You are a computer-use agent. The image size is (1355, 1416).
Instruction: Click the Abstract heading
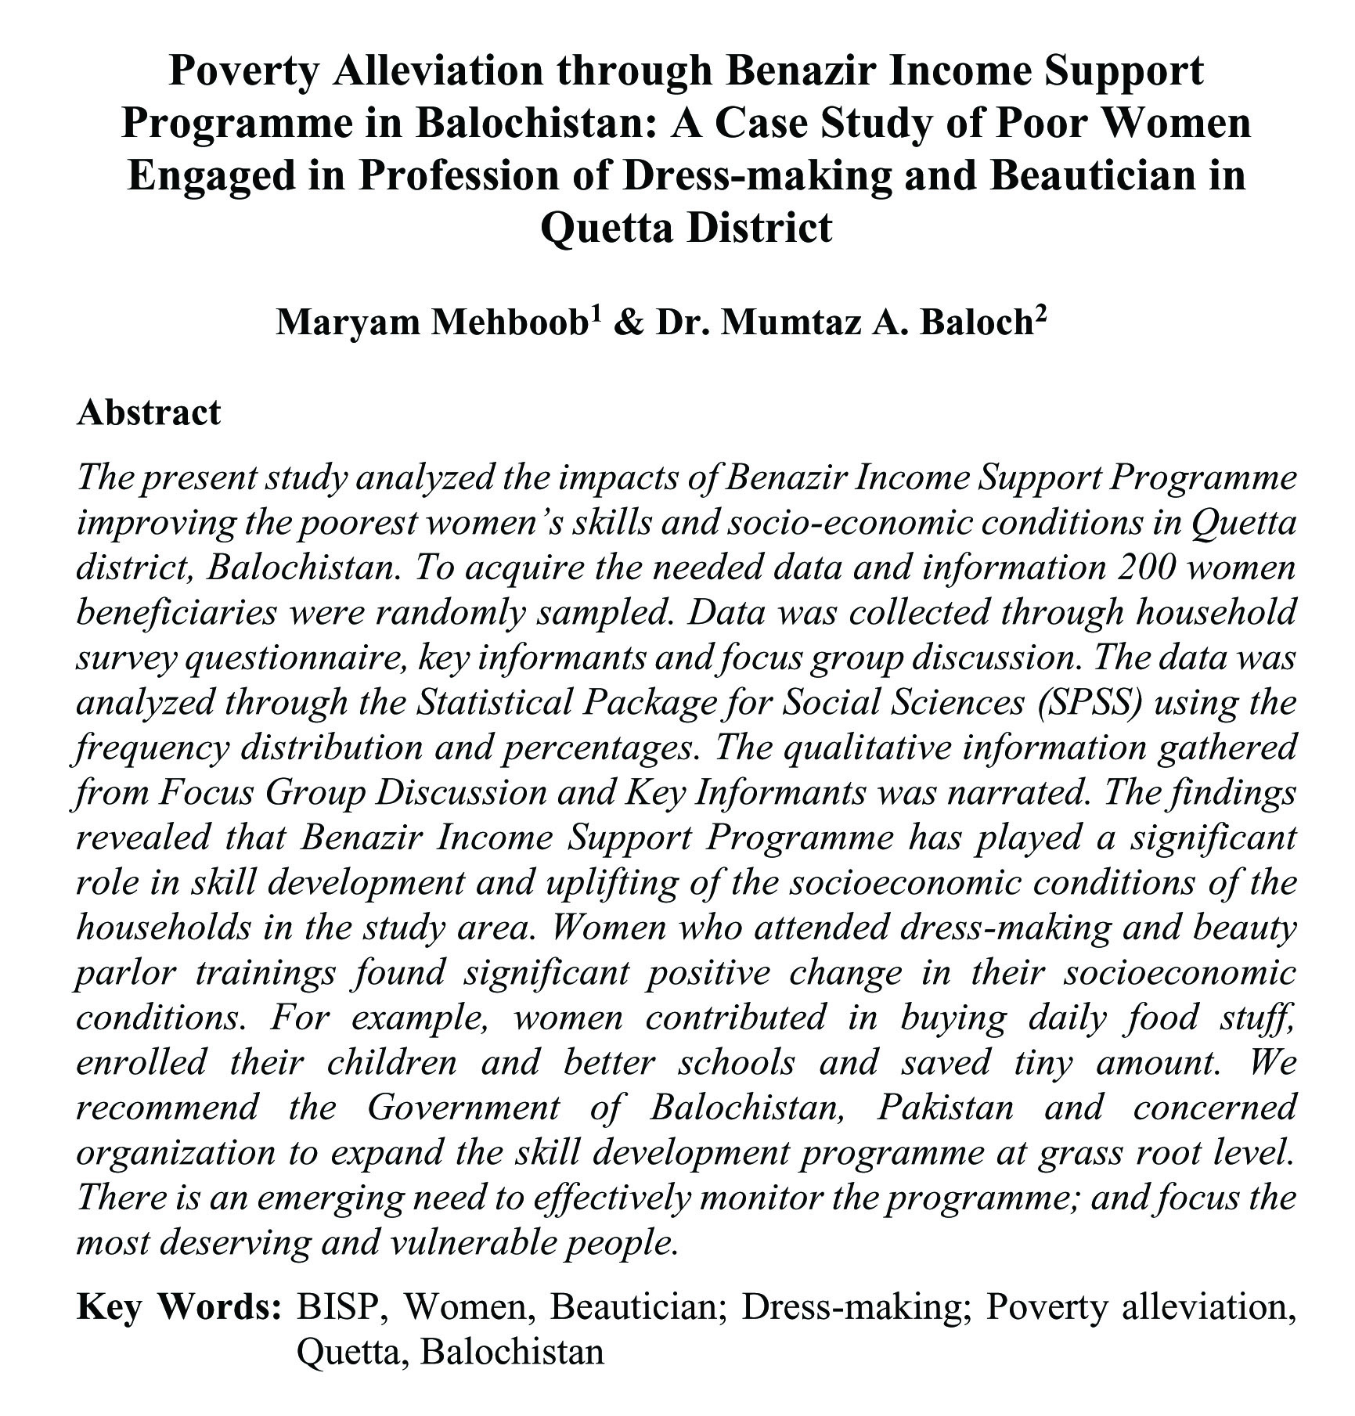click(x=149, y=413)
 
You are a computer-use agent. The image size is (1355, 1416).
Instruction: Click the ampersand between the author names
click(x=625, y=322)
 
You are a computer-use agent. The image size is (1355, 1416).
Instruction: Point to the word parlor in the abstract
click(x=125, y=973)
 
